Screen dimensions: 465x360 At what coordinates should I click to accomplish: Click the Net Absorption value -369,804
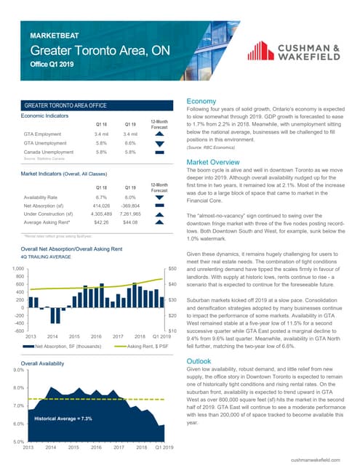(x=130, y=206)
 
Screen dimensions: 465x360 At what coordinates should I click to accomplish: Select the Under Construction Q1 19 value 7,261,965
(x=130, y=216)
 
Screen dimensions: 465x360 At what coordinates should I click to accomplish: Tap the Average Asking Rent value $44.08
(x=130, y=225)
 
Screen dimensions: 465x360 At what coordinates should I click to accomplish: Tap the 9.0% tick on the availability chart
(x=13, y=370)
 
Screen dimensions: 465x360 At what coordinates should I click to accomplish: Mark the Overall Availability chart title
(x=45, y=362)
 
